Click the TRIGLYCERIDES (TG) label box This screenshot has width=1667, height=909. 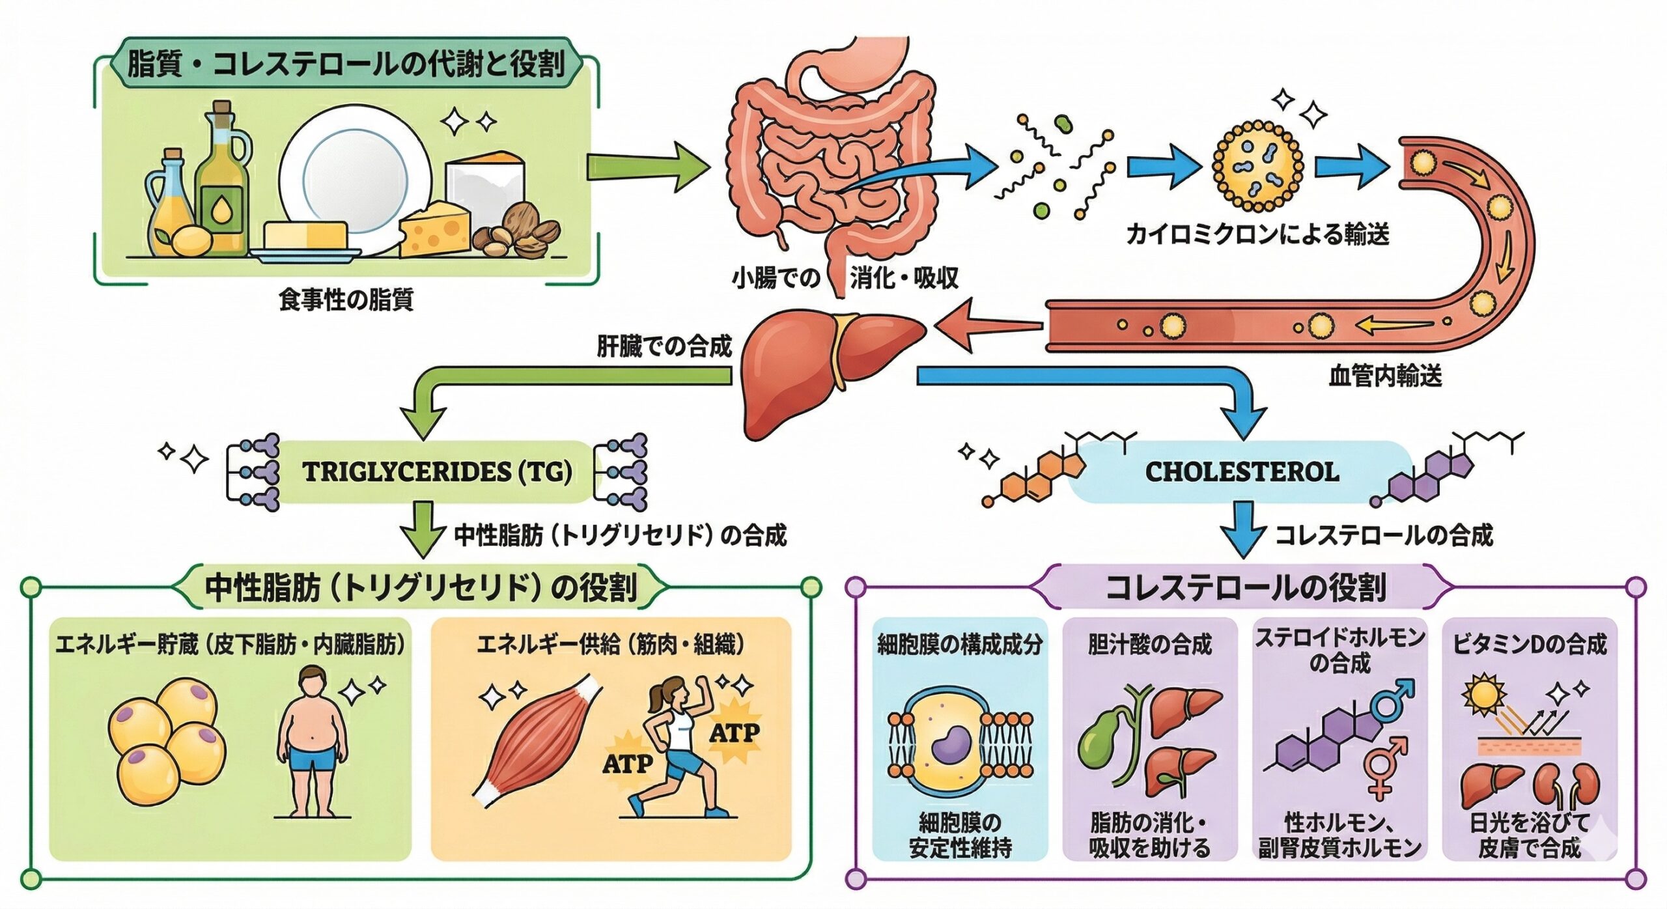[x=436, y=471]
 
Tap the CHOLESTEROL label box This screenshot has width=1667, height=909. [x=1241, y=471]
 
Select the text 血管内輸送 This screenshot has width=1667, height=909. [x=1385, y=376]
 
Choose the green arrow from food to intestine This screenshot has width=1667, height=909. [x=645, y=166]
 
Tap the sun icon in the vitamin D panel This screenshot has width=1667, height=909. [x=1483, y=695]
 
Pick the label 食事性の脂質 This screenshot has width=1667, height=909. [x=346, y=300]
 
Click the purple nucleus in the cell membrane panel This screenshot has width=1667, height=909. [x=951, y=744]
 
